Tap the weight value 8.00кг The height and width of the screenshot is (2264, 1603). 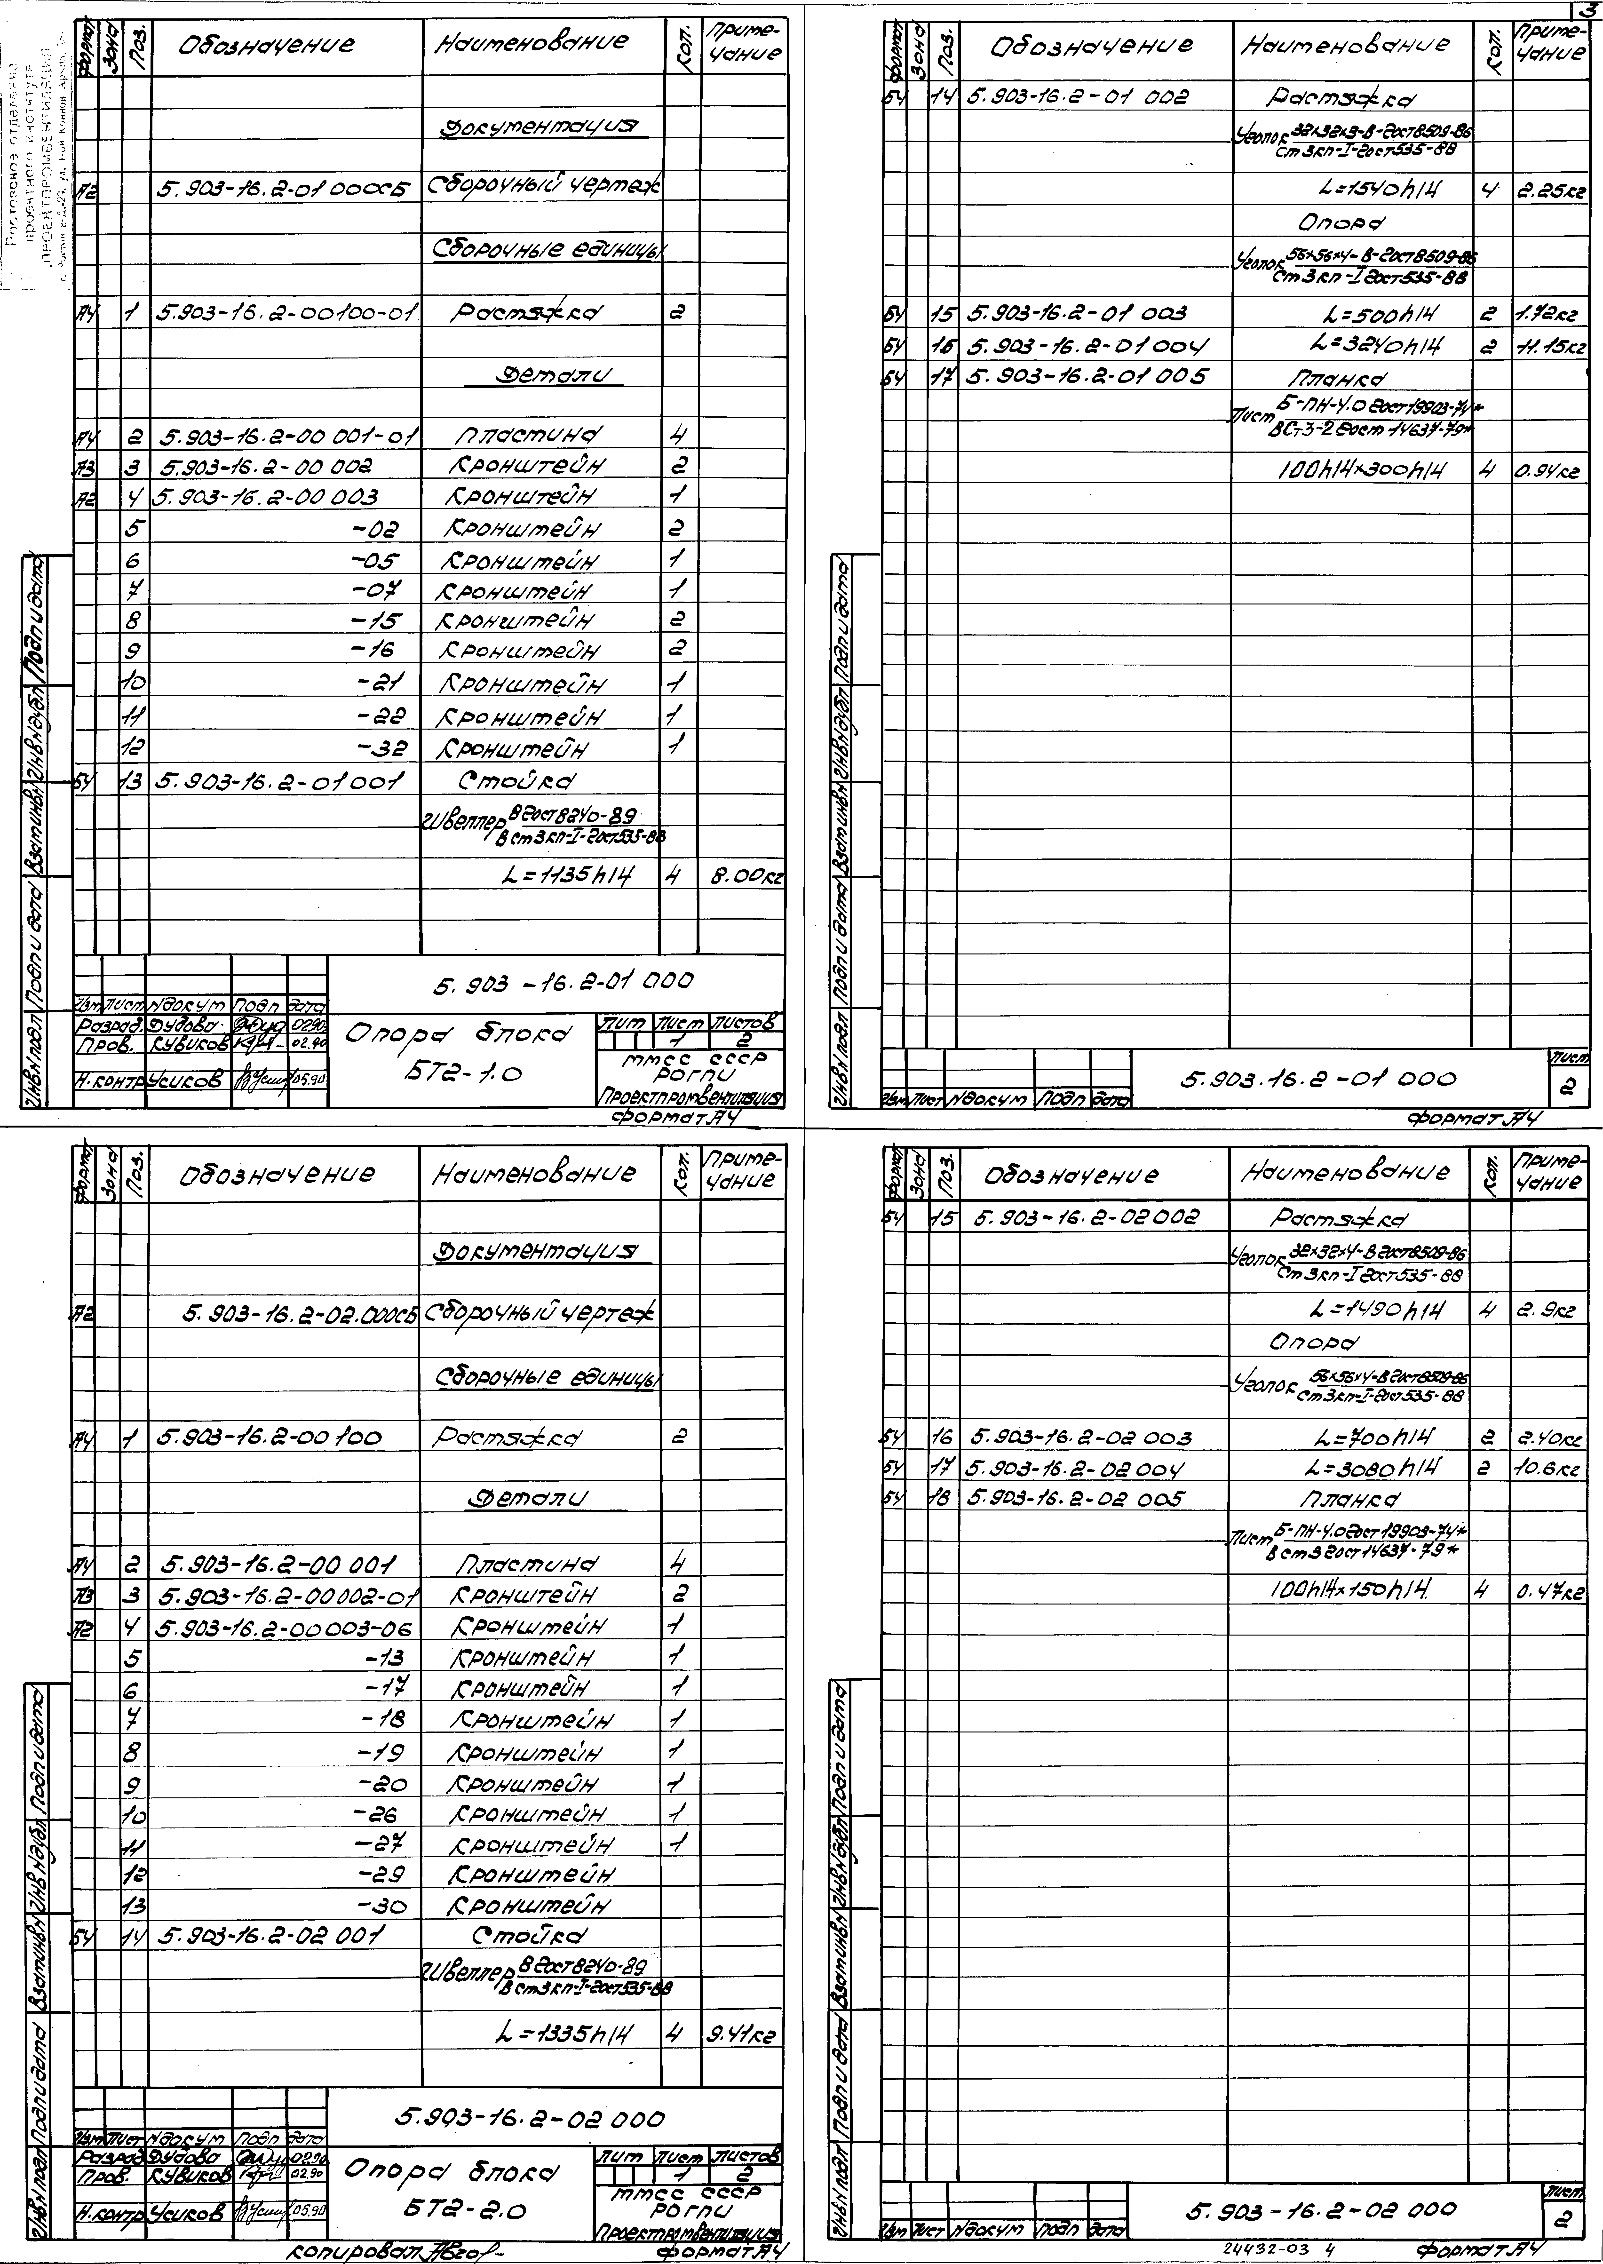(x=743, y=874)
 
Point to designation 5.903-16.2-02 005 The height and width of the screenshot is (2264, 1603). (x=1076, y=1497)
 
